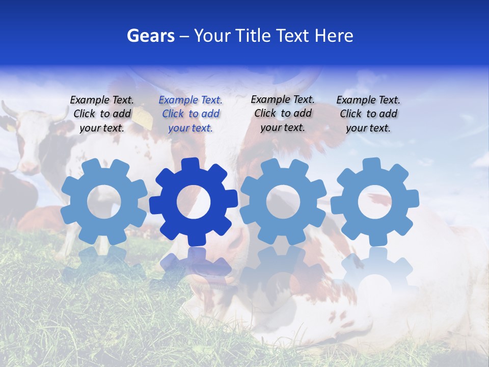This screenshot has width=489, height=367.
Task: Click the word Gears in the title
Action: pyautogui.click(x=150, y=36)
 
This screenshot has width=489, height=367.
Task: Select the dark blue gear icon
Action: pyautogui.click(x=194, y=201)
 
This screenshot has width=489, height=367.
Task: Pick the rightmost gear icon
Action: pyautogui.click(x=375, y=201)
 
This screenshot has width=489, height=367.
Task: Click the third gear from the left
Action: pyautogui.click(x=283, y=201)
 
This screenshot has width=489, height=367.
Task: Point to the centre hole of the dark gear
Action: pyautogui.click(x=194, y=202)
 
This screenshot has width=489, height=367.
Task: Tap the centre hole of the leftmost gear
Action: pyautogui.click(x=104, y=202)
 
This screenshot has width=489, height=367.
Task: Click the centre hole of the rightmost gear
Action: pyautogui.click(x=375, y=202)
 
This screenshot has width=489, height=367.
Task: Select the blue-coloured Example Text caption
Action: pyautogui.click(x=191, y=114)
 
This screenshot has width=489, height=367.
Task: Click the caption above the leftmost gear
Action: pyautogui.click(x=102, y=114)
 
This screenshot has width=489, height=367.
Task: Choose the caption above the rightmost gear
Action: pyautogui.click(x=368, y=114)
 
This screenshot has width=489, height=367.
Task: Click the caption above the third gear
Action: pyautogui.click(x=283, y=114)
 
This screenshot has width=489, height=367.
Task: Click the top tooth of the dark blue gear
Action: pyautogui.click(x=191, y=165)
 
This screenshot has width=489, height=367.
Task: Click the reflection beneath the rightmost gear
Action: pyautogui.click(x=375, y=270)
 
